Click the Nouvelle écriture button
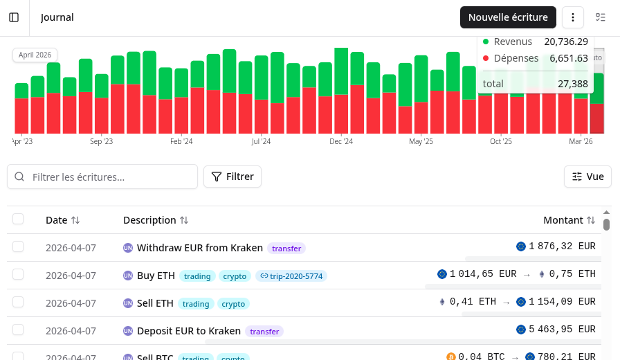tap(508, 17)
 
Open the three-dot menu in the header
tap(573, 17)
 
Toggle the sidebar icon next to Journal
tap(14, 17)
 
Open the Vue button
tap(587, 177)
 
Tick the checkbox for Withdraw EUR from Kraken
tap(18, 246)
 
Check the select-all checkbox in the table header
tap(18, 219)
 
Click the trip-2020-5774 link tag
tap(291, 276)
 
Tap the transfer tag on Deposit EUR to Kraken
tap(264, 331)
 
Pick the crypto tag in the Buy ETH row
tap(235, 276)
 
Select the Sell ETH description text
tap(155, 303)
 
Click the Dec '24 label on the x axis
tap(341, 141)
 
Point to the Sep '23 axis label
tap(101, 141)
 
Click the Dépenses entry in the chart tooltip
tap(516, 59)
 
